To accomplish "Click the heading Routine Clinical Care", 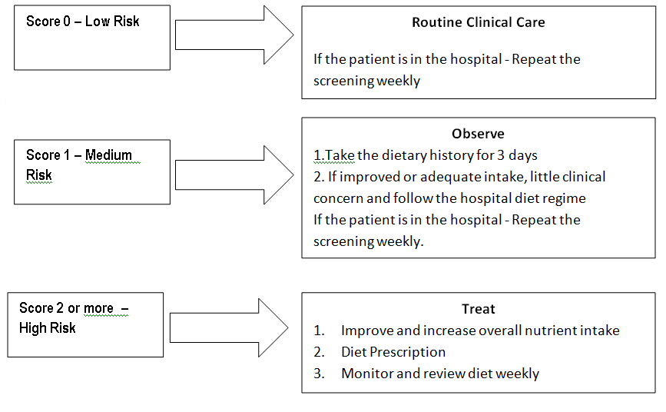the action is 479,22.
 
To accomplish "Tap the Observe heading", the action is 479,134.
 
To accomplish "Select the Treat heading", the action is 479,309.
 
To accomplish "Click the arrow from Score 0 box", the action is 234,35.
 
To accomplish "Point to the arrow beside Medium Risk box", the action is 234,174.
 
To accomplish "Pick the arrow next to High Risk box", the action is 229,327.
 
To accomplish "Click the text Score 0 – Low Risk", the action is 83,21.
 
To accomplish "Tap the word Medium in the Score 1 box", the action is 109,154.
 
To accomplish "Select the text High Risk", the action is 48,327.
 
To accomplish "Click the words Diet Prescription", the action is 393,351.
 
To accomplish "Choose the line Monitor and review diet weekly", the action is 440,373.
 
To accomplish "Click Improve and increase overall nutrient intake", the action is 480,330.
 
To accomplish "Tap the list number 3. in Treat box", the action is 320,373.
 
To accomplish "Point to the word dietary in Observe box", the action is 404,155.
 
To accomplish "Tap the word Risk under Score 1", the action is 39,174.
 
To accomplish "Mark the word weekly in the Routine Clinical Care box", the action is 398,81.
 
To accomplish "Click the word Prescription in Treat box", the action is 407,351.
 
